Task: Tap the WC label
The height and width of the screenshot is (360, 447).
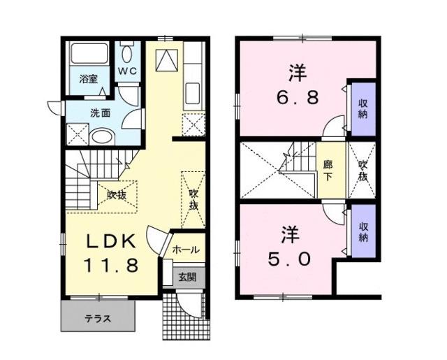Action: point(126,71)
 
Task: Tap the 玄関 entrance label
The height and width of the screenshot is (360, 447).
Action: point(186,277)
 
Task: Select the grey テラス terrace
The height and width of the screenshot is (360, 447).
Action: point(98,317)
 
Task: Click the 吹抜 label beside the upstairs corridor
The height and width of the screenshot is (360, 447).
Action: point(362,171)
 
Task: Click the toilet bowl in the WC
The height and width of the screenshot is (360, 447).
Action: point(127,52)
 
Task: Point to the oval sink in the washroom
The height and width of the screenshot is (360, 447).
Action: point(102,136)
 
